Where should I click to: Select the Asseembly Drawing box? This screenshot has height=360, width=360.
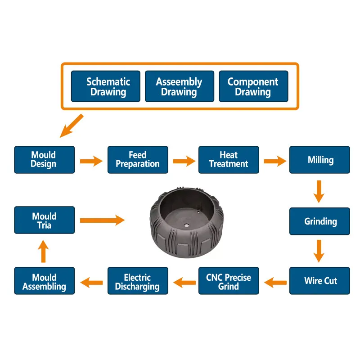[x=179, y=86]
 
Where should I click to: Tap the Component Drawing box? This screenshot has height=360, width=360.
[x=253, y=86]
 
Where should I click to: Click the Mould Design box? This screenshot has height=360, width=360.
[x=44, y=160]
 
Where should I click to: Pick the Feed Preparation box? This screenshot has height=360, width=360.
[x=138, y=160]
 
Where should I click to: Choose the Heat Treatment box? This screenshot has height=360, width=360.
[x=229, y=160]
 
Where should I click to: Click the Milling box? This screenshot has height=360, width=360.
[x=319, y=160]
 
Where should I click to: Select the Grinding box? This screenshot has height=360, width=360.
[x=319, y=221]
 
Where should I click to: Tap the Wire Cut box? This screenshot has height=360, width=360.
[x=319, y=281]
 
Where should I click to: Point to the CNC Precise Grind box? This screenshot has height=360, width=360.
[x=229, y=281]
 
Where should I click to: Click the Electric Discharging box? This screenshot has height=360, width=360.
[x=138, y=281]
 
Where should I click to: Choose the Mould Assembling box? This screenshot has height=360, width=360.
[x=44, y=281]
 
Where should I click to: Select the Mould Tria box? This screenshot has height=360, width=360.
[x=44, y=220]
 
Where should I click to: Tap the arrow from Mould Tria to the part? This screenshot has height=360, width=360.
[x=102, y=220]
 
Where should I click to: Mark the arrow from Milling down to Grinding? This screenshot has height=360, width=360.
[x=319, y=191]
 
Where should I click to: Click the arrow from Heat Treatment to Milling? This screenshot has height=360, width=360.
[x=274, y=161]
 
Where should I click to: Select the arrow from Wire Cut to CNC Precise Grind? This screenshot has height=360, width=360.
[x=275, y=282]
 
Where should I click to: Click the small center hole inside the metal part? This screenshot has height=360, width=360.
[x=185, y=223]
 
